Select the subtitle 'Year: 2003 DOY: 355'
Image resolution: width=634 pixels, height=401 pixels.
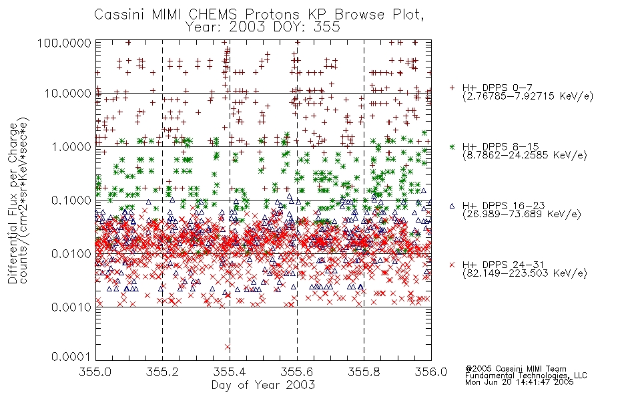pyautogui.click(x=263, y=27)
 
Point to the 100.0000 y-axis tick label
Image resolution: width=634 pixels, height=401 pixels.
pyautogui.click(x=64, y=43)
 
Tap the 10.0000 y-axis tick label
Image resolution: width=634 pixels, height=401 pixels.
pyautogui.click(x=68, y=94)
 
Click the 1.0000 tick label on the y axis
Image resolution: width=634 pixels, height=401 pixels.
pyautogui.click(x=71, y=146)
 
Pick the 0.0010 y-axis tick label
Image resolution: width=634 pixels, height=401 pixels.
pyautogui.click(x=71, y=307)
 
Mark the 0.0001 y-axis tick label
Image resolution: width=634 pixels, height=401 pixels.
pyautogui.click(x=71, y=356)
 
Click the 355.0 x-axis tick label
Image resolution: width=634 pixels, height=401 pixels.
pyautogui.click(x=95, y=372)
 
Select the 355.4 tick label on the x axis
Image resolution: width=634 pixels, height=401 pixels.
pyautogui.click(x=230, y=372)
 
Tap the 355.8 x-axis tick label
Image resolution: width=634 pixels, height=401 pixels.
pyautogui.click(x=364, y=372)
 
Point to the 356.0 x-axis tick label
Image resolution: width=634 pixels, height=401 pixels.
pyautogui.click(x=431, y=372)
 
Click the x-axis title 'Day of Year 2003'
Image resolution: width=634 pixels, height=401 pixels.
pyautogui.click(x=263, y=385)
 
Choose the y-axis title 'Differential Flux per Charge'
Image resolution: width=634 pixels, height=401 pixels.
pyautogui.click(x=13, y=203)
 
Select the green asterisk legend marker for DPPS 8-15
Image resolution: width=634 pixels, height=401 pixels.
pyautogui.click(x=452, y=146)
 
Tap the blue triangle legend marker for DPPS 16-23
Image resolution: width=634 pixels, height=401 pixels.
pyautogui.click(x=452, y=206)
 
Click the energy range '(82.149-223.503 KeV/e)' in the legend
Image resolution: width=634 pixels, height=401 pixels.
pyautogui.click(x=525, y=273)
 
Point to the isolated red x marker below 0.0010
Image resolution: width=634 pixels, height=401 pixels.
pyautogui.click(x=228, y=347)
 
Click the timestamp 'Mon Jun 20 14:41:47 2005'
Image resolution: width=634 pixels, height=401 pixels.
pyautogui.click(x=519, y=382)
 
